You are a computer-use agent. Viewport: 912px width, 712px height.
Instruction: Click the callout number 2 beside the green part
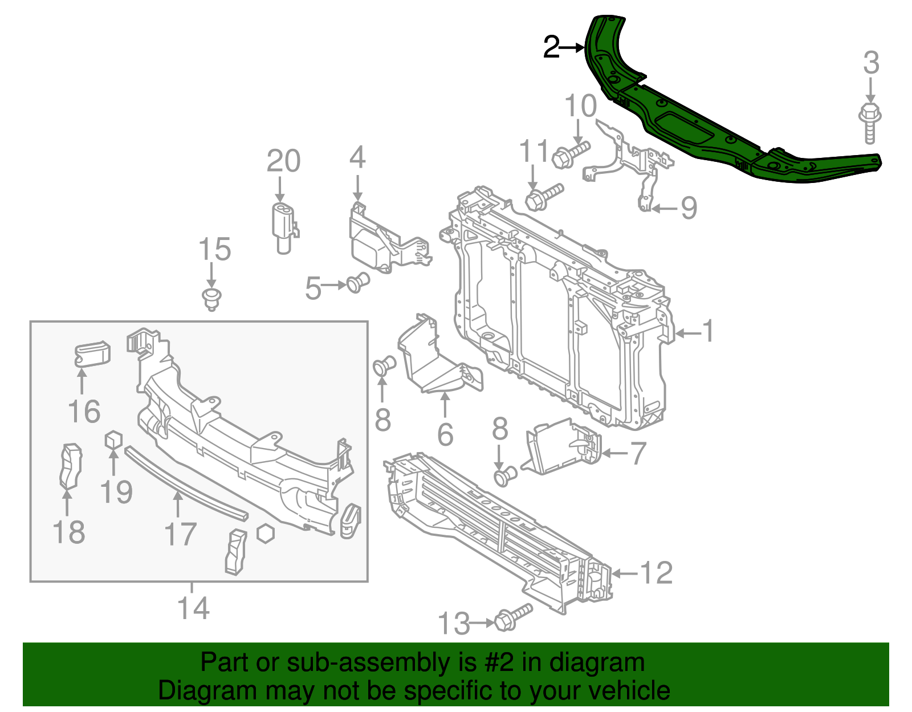(551, 48)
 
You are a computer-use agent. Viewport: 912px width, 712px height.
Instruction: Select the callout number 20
(283, 161)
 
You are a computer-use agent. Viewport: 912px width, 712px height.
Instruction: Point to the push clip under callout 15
(211, 299)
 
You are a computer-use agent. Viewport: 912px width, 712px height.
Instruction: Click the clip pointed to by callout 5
(358, 282)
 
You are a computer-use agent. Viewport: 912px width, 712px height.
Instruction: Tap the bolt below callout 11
(543, 196)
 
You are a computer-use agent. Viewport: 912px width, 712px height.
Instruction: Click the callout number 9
(689, 208)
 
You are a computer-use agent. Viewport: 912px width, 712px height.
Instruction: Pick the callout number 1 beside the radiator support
(707, 332)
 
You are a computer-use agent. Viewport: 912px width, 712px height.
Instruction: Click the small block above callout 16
(92, 353)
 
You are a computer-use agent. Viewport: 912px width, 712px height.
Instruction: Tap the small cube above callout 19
(113, 440)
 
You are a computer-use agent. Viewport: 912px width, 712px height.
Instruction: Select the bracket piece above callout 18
(71, 466)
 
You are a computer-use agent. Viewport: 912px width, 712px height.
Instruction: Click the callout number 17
(180, 534)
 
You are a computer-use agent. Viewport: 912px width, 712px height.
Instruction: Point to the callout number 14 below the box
(193, 608)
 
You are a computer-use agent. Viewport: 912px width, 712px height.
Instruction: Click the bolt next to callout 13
(513, 618)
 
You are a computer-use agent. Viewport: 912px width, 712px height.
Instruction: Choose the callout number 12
(656, 572)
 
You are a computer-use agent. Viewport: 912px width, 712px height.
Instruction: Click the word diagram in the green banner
(609, 663)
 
